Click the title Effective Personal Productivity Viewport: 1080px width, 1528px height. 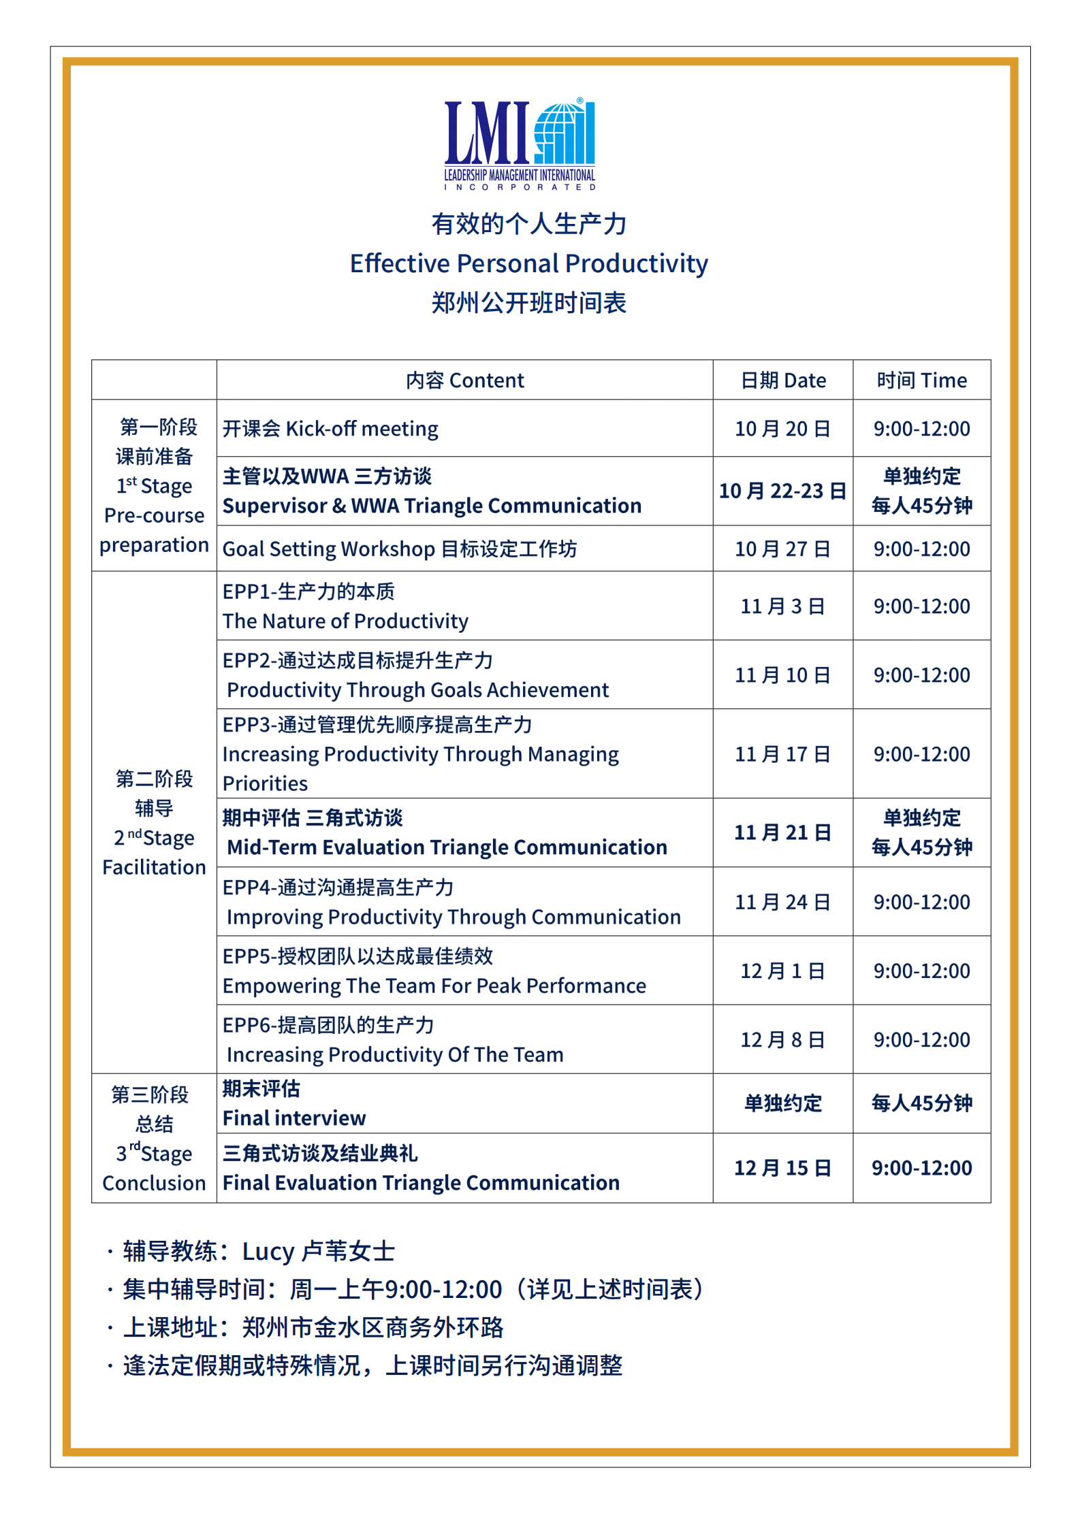point(528,263)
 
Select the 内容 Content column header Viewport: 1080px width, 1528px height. point(464,380)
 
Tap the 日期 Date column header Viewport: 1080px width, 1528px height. point(782,380)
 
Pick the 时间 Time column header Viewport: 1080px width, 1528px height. point(921,380)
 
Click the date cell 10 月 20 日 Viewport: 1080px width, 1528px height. point(782,429)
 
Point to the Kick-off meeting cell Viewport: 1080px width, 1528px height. point(330,429)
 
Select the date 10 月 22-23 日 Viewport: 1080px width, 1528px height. point(782,491)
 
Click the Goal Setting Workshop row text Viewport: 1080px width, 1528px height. point(400,549)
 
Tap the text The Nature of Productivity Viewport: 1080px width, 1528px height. point(345,621)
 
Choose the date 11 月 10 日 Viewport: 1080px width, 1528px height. point(782,675)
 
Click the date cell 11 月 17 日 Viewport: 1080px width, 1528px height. point(782,754)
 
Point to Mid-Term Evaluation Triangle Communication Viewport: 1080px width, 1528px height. point(447,847)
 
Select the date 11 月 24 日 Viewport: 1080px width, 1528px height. point(782,903)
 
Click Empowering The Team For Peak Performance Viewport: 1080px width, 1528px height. point(434,986)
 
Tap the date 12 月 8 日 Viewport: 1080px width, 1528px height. point(782,1040)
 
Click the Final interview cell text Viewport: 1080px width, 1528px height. point(294,1118)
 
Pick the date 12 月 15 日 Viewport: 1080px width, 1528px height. point(782,1168)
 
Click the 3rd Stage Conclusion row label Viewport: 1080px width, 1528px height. point(154,1168)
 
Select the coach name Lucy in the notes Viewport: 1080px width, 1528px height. point(268,1251)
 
